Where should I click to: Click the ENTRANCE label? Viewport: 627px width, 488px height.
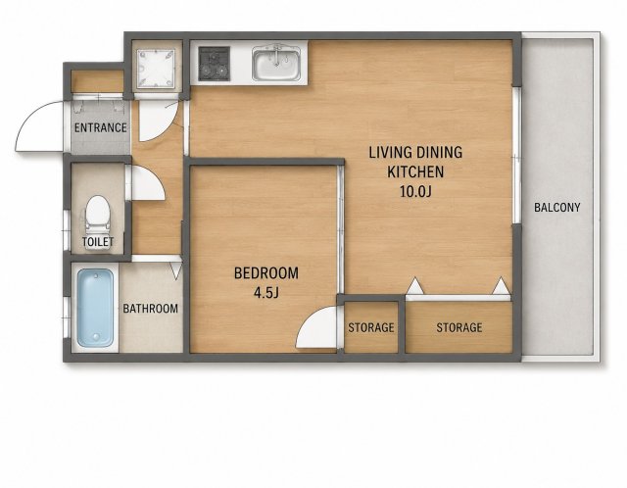pos(100,128)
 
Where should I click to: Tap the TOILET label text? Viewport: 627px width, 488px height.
pos(98,242)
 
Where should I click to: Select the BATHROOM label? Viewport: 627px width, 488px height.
pos(150,309)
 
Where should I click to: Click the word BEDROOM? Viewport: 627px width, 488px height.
pos(266,273)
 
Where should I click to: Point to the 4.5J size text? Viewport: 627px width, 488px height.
pos(265,293)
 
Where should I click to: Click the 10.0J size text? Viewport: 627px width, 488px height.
pos(415,192)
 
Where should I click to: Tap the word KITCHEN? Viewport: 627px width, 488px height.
pos(415,172)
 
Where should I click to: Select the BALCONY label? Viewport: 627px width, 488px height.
pos(557,208)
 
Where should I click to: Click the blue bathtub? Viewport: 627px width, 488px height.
pos(96,308)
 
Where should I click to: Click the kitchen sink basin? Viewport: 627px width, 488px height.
pos(276,64)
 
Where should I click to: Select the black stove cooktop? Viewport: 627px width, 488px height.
pos(215,63)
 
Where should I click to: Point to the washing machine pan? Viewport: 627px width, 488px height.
pos(156,69)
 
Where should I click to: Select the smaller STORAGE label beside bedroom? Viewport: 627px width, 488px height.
pos(371,327)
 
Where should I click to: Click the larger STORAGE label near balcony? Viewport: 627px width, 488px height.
pos(459,327)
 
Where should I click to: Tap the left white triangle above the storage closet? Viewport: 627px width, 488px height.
pos(414,286)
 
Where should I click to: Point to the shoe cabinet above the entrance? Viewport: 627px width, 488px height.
pos(98,81)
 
